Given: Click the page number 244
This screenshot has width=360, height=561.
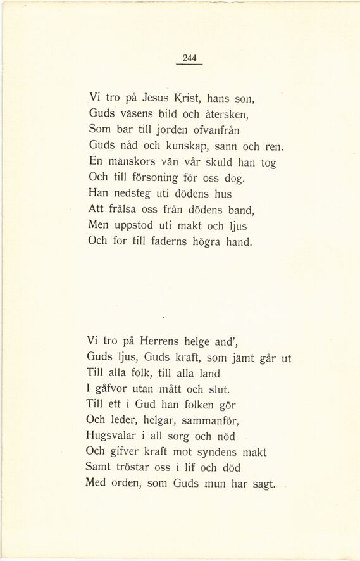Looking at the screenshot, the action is (189, 58).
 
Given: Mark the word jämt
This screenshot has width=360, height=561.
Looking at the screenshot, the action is (242, 357).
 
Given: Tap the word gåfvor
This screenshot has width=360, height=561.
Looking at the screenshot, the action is (111, 389).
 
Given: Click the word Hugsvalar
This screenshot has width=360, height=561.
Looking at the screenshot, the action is (109, 437).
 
